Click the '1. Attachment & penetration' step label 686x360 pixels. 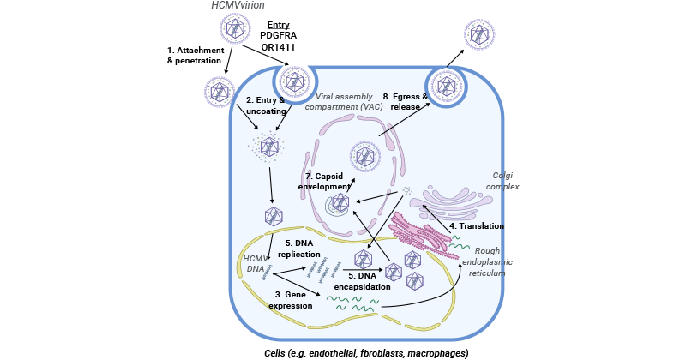click(195, 56)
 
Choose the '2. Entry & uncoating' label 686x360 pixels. click(259, 106)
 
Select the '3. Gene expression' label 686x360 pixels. click(290, 299)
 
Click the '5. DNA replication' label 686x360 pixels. click(298, 249)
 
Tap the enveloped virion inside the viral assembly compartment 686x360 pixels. click(365, 157)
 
